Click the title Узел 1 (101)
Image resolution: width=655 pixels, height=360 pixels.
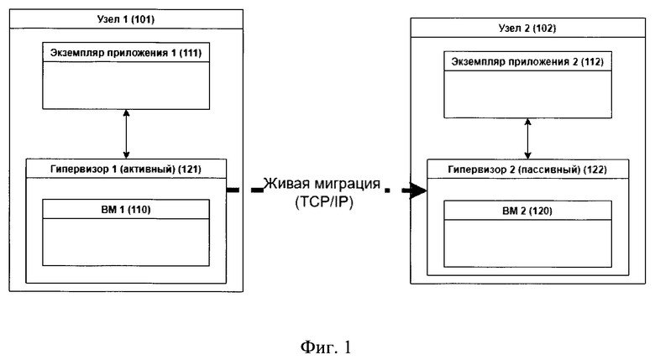(x=126, y=19)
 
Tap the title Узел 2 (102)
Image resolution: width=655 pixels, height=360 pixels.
(x=527, y=29)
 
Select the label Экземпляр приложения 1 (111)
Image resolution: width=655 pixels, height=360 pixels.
(x=126, y=53)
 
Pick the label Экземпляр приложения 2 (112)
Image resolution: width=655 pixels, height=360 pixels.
(x=527, y=62)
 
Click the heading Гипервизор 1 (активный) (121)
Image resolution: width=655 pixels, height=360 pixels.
(x=126, y=170)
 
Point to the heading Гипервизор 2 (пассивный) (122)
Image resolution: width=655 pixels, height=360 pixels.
(x=527, y=170)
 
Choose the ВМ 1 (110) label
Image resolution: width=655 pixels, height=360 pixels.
(x=126, y=210)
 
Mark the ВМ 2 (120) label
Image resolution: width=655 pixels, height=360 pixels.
(x=527, y=211)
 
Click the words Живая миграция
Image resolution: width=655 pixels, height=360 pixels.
(x=322, y=184)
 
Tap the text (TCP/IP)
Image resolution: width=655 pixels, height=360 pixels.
(x=324, y=202)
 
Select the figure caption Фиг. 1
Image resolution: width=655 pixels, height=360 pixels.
(x=326, y=347)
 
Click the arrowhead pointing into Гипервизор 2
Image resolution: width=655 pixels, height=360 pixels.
(x=418, y=190)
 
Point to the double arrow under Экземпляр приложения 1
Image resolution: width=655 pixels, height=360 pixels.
(x=126, y=134)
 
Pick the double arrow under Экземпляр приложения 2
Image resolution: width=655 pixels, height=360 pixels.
(x=527, y=138)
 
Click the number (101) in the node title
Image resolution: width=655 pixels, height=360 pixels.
(x=142, y=19)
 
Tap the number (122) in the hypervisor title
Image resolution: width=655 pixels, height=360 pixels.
(x=595, y=170)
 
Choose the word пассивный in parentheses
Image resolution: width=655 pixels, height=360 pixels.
(x=557, y=170)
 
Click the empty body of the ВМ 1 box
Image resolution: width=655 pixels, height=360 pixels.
(x=126, y=243)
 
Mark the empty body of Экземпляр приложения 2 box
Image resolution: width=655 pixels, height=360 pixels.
(x=527, y=94)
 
